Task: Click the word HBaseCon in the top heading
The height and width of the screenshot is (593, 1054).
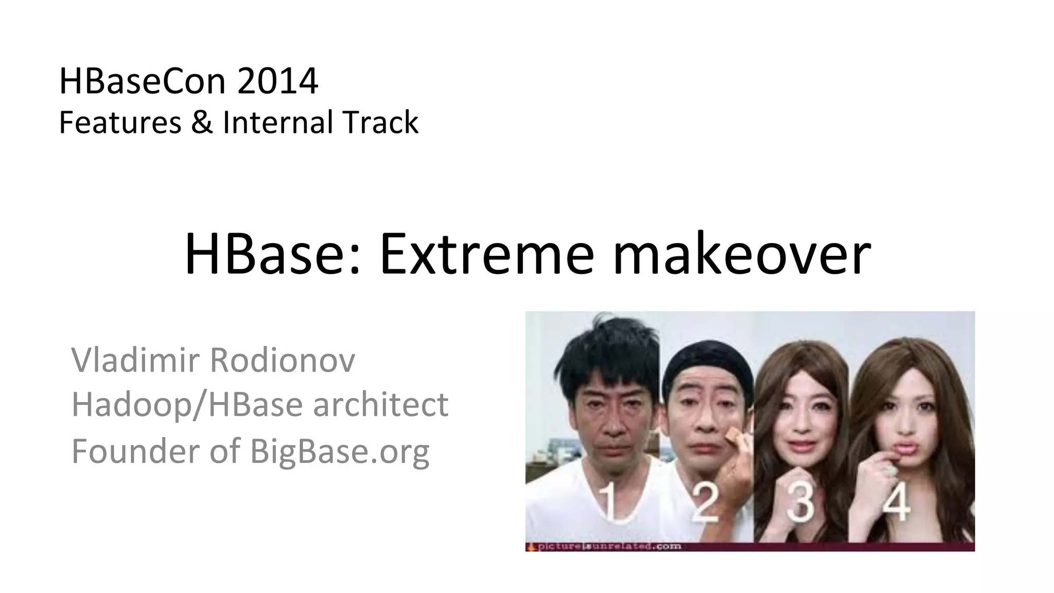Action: tap(143, 81)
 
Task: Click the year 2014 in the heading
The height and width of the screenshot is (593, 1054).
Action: tap(277, 81)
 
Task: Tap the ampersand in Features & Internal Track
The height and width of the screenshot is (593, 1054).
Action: tap(202, 123)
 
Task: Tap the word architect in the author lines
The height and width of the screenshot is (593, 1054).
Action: tap(380, 405)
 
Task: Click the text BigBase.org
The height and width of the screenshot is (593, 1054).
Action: tap(340, 451)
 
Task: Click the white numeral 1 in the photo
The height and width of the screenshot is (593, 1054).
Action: tap(608, 502)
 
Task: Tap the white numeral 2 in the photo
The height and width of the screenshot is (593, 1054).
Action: tap(704, 502)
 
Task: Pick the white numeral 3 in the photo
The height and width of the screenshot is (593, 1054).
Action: tap(801, 502)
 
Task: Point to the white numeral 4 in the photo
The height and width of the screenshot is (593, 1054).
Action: tap(896, 502)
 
